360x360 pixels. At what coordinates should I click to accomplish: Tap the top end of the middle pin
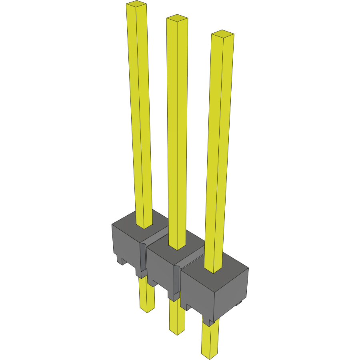[177, 18]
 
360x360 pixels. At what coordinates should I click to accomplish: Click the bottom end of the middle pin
[177, 332]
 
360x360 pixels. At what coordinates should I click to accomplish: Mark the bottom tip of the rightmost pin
[210, 354]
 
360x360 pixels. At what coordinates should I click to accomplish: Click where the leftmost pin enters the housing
[144, 226]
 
